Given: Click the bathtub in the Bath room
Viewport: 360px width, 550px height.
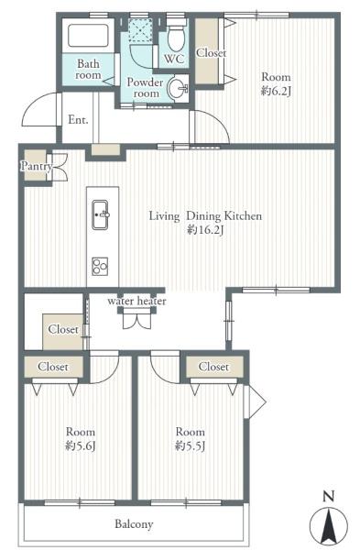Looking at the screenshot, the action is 88,35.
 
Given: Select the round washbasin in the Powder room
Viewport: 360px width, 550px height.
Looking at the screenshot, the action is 178,88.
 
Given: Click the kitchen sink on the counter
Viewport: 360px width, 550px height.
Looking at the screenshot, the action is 100,214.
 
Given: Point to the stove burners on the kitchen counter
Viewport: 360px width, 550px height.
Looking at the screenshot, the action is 100,267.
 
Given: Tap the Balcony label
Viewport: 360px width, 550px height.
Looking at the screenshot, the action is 135,524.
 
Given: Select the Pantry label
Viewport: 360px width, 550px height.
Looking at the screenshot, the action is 37,166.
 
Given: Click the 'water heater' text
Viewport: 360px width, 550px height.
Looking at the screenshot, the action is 136,301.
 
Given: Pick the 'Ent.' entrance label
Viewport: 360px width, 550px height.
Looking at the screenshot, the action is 78,119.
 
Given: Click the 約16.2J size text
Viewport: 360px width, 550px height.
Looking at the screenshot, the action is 205,230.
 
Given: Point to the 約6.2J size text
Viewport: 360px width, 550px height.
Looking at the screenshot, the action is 277,91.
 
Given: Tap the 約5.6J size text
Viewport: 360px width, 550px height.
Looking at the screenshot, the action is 81,445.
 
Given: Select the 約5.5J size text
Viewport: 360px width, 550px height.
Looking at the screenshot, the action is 190,445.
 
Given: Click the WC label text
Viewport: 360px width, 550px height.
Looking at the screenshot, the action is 174,59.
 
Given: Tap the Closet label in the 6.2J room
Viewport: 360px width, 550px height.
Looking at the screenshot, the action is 211,53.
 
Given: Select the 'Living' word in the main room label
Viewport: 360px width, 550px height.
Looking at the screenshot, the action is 164,216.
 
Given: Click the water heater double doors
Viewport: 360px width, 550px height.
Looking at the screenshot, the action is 137,320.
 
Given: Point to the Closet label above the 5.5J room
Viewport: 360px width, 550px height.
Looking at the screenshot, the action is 213,367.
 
